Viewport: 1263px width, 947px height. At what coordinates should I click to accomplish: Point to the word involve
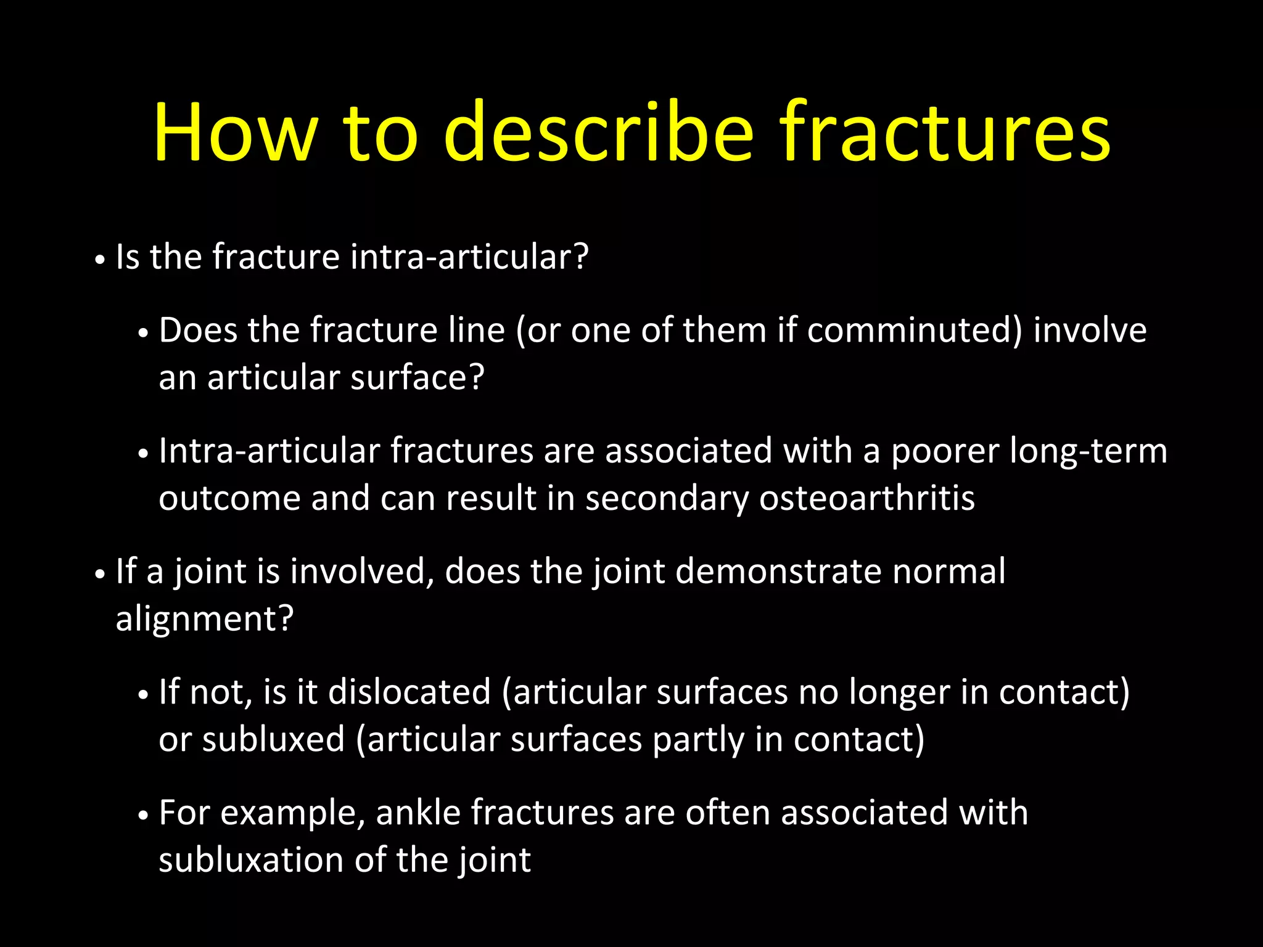[1090, 330]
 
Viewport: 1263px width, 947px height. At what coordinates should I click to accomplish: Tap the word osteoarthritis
[866, 498]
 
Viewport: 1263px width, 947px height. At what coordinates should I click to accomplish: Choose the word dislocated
[409, 692]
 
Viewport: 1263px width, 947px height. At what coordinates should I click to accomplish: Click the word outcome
[229, 498]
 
